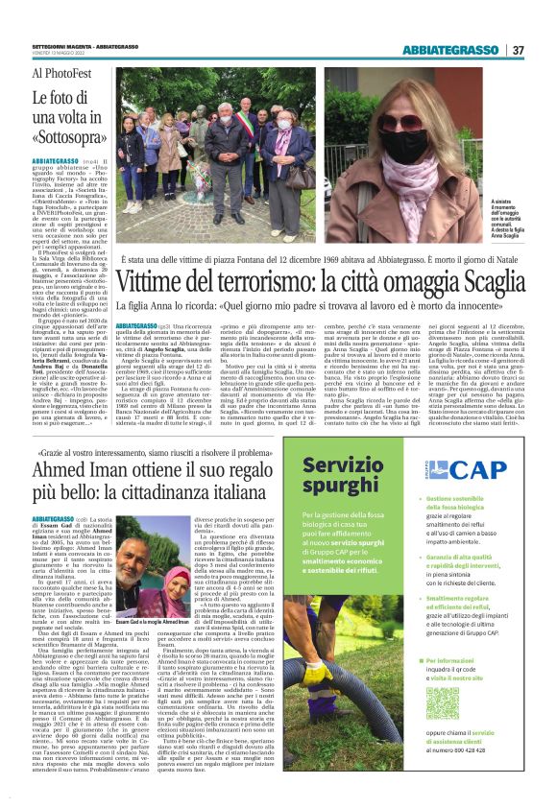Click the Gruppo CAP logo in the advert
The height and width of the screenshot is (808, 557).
(475, 469)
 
